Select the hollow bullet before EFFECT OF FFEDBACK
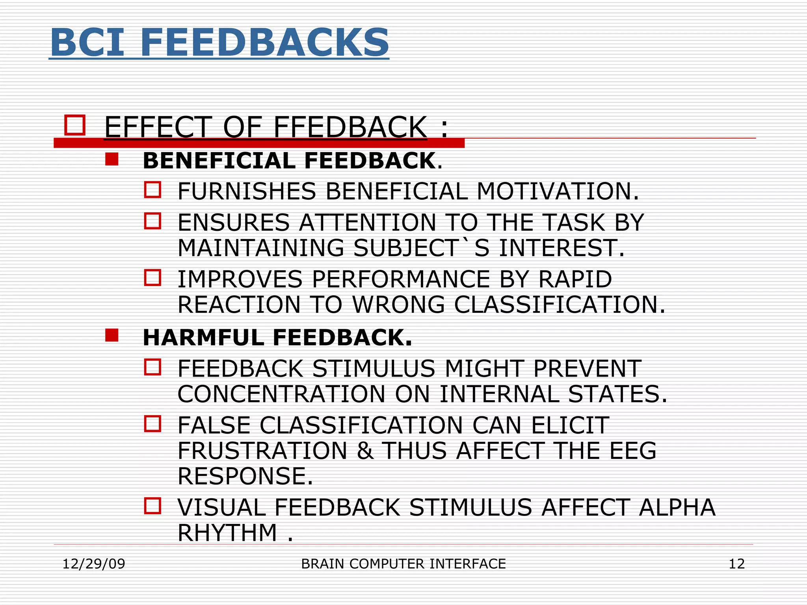pyautogui.click(x=75, y=125)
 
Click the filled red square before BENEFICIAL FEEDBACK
pyautogui.click(x=112, y=160)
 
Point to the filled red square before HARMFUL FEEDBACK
pyautogui.click(x=112, y=336)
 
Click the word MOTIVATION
pyautogui.click(x=557, y=191)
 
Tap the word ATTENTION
pyautogui.click(x=367, y=223)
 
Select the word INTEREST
pyautogui.click(x=562, y=248)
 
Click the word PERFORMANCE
pyautogui.click(x=401, y=279)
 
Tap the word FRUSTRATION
pyautogui.click(x=262, y=451)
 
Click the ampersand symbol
pyautogui.click(x=365, y=451)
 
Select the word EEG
pyautogui.click(x=633, y=451)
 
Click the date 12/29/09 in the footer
pyautogui.click(x=94, y=564)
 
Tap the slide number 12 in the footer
pyautogui.click(x=736, y=564)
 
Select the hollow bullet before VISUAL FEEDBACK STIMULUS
pyautogui.click(x=152, y=506)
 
